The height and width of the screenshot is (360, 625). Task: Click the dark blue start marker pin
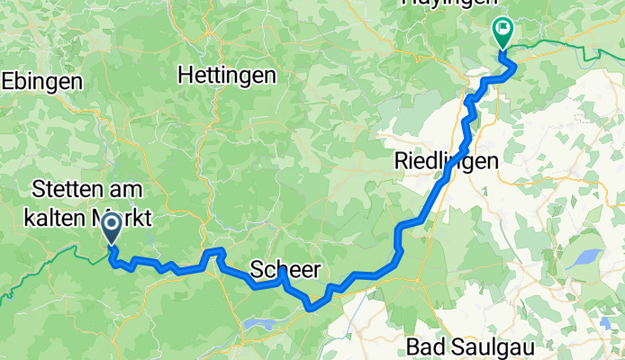(113, 229)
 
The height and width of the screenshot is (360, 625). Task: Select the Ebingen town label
(41, 81)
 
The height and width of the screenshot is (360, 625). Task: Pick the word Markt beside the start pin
(124, 217)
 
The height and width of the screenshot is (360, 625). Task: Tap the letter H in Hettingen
(186, 76)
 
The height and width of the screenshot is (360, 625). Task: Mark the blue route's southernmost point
(311, 308)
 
